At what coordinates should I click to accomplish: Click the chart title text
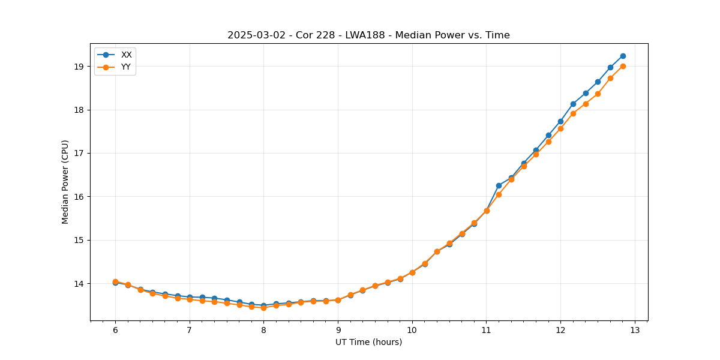[x=368, y=35]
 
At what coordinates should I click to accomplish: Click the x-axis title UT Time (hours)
[x=368, y=342]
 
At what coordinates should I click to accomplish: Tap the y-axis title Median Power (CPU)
[x=65, y=182]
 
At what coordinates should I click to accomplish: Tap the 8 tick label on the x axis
[x=263, y=330]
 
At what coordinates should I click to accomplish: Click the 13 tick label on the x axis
[x=635, y=330]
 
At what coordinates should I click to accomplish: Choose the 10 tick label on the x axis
[x=412, y=330]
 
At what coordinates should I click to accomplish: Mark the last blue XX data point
[x=623, y=56]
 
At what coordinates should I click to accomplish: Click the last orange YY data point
[x=623, y=66]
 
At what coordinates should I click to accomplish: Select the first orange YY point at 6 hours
[x=115, y=281]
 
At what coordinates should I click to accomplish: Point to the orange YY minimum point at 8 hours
[x=263, y=308]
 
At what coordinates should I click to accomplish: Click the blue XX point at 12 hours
[x=560, y=121]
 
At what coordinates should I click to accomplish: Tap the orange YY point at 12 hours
[x=560, y=128]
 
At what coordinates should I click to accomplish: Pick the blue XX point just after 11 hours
[x=499, y=185]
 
